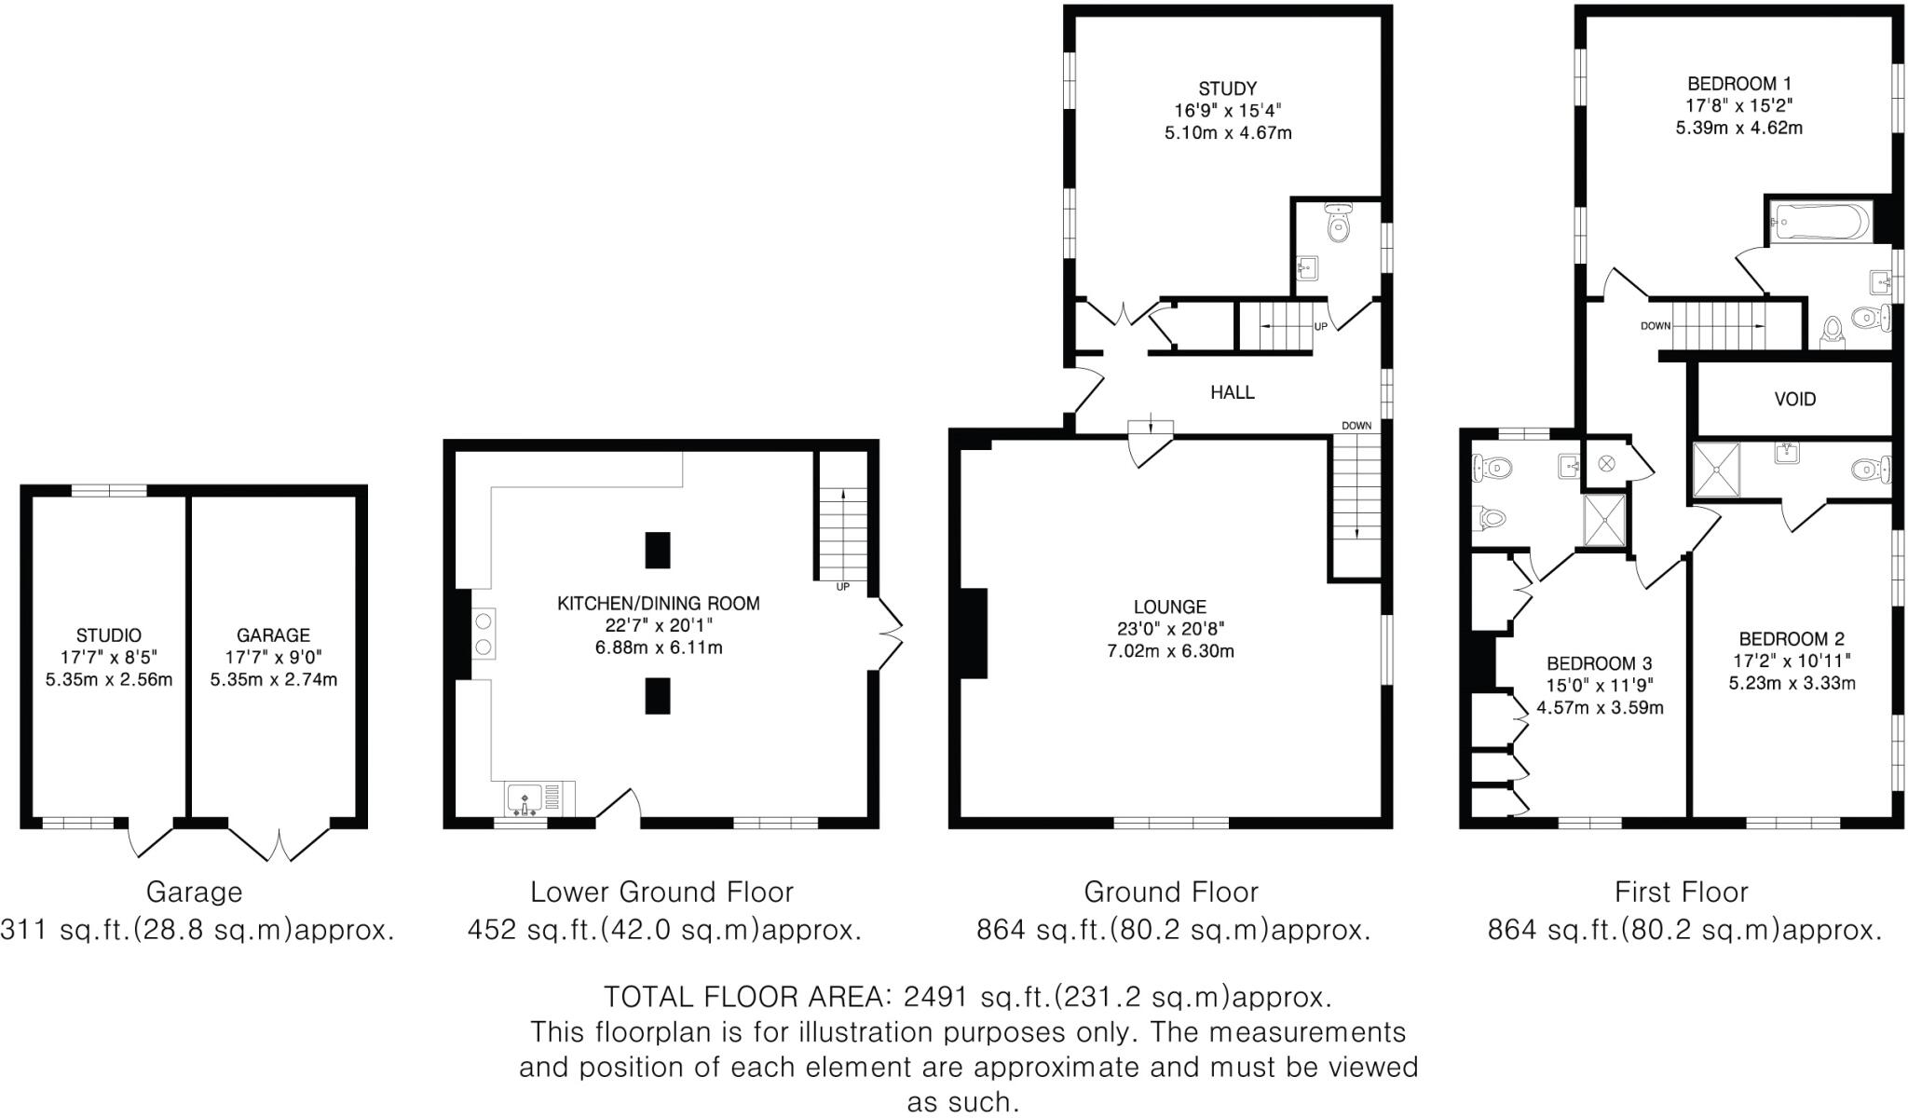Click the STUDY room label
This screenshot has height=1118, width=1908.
pyautogui.click(x=1227, y=89)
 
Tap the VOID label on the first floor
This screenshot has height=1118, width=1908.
pyautogui.click(x=1794, y=400)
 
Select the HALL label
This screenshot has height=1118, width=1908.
pyautogui.click(x=1232, y=392)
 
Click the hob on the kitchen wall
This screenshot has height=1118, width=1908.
pyautogui.click(x=484, y=634)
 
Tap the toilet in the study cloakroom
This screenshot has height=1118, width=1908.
pyautogui.click(x=1339, y=224)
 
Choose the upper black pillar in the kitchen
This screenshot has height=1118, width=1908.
pyautogui.click(x=658, y=550)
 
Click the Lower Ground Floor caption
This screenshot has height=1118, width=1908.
pyautogui.click(x=661, y=893)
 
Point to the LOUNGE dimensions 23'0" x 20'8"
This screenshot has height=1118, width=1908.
pyautogui.click(x=1170, y=629)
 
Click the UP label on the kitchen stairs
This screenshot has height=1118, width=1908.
pyautogui.click(x=842, y=587)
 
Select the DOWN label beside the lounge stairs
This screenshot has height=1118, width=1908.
pyautogui.click(x=1356, y=426)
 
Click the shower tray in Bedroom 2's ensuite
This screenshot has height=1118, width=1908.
pyautogui.click(x=1716, y=470)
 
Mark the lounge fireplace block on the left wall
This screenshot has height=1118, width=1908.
pyautogui.click(x=974, y=634)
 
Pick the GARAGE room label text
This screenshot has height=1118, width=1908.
pyautogui.click(x=273, y=635)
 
